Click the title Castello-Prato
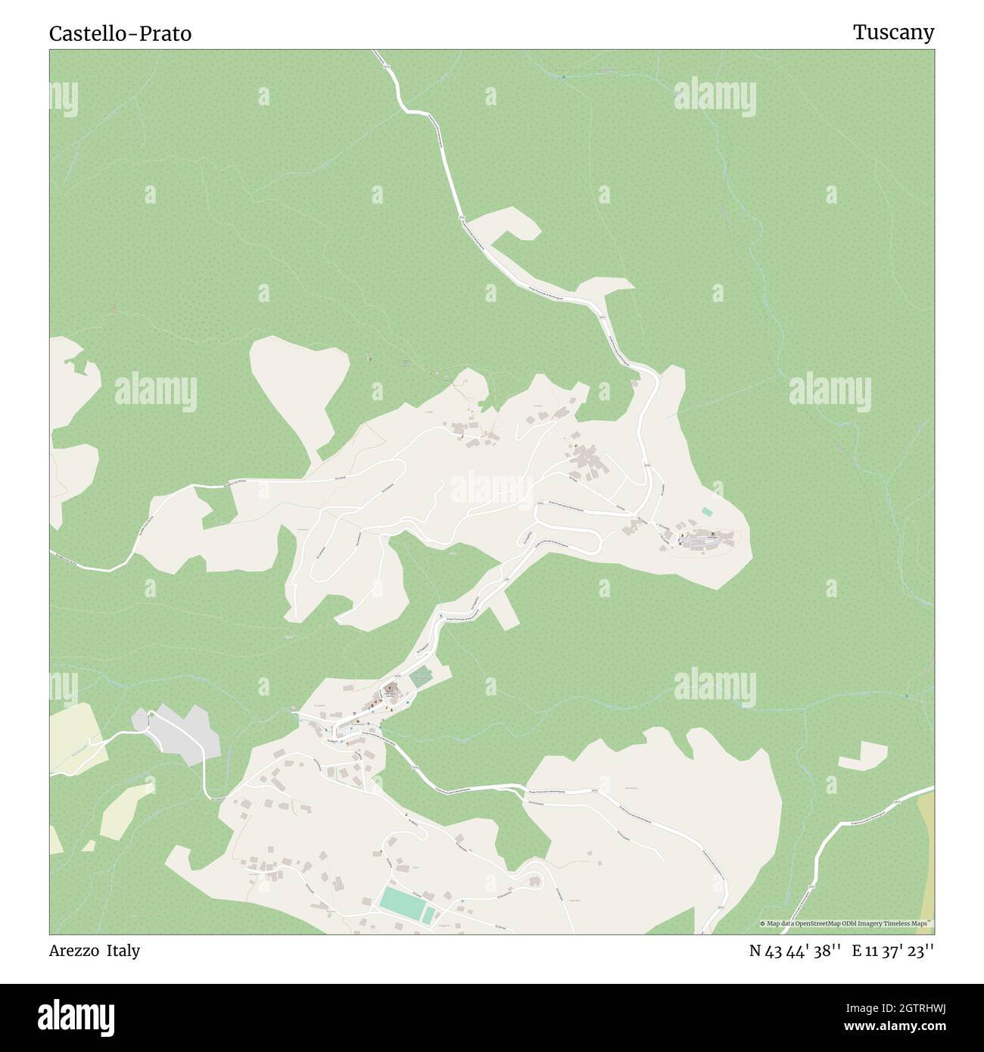pyautogui.click(x=120, y=33)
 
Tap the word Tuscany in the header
pyautogui.click(x=893, y=33)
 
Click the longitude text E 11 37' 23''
pyautogui.click(x=892, y=951)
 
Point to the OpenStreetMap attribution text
pyautogui.click(x=847, y=923)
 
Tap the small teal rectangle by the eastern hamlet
pyautogui.click(x=707, y=512)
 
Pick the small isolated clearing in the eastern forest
pyautogui.click(x=863, y=755)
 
